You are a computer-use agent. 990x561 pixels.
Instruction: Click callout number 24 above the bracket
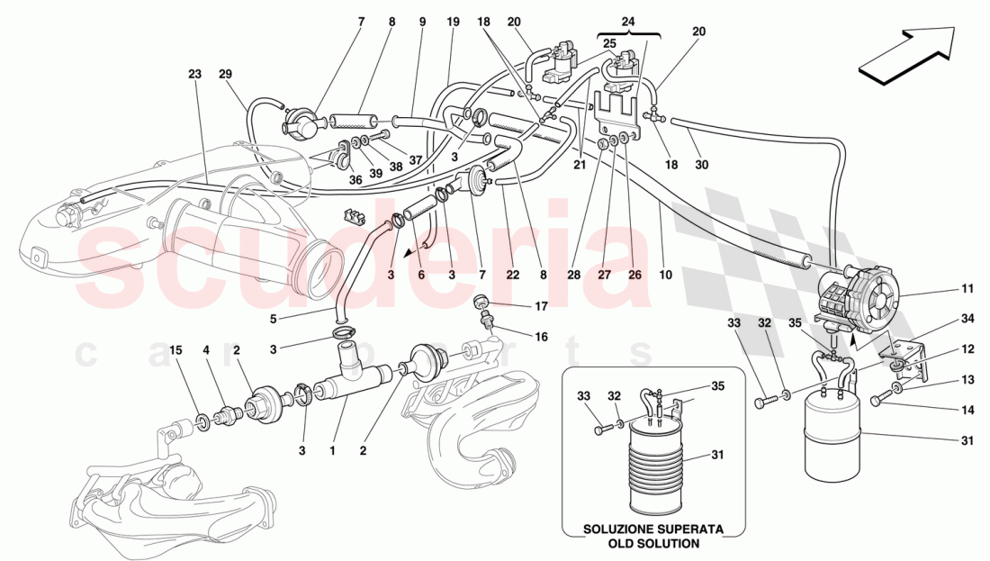click(x=627, y=20)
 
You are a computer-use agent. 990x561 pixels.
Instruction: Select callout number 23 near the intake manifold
click(x=194, y=77)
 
